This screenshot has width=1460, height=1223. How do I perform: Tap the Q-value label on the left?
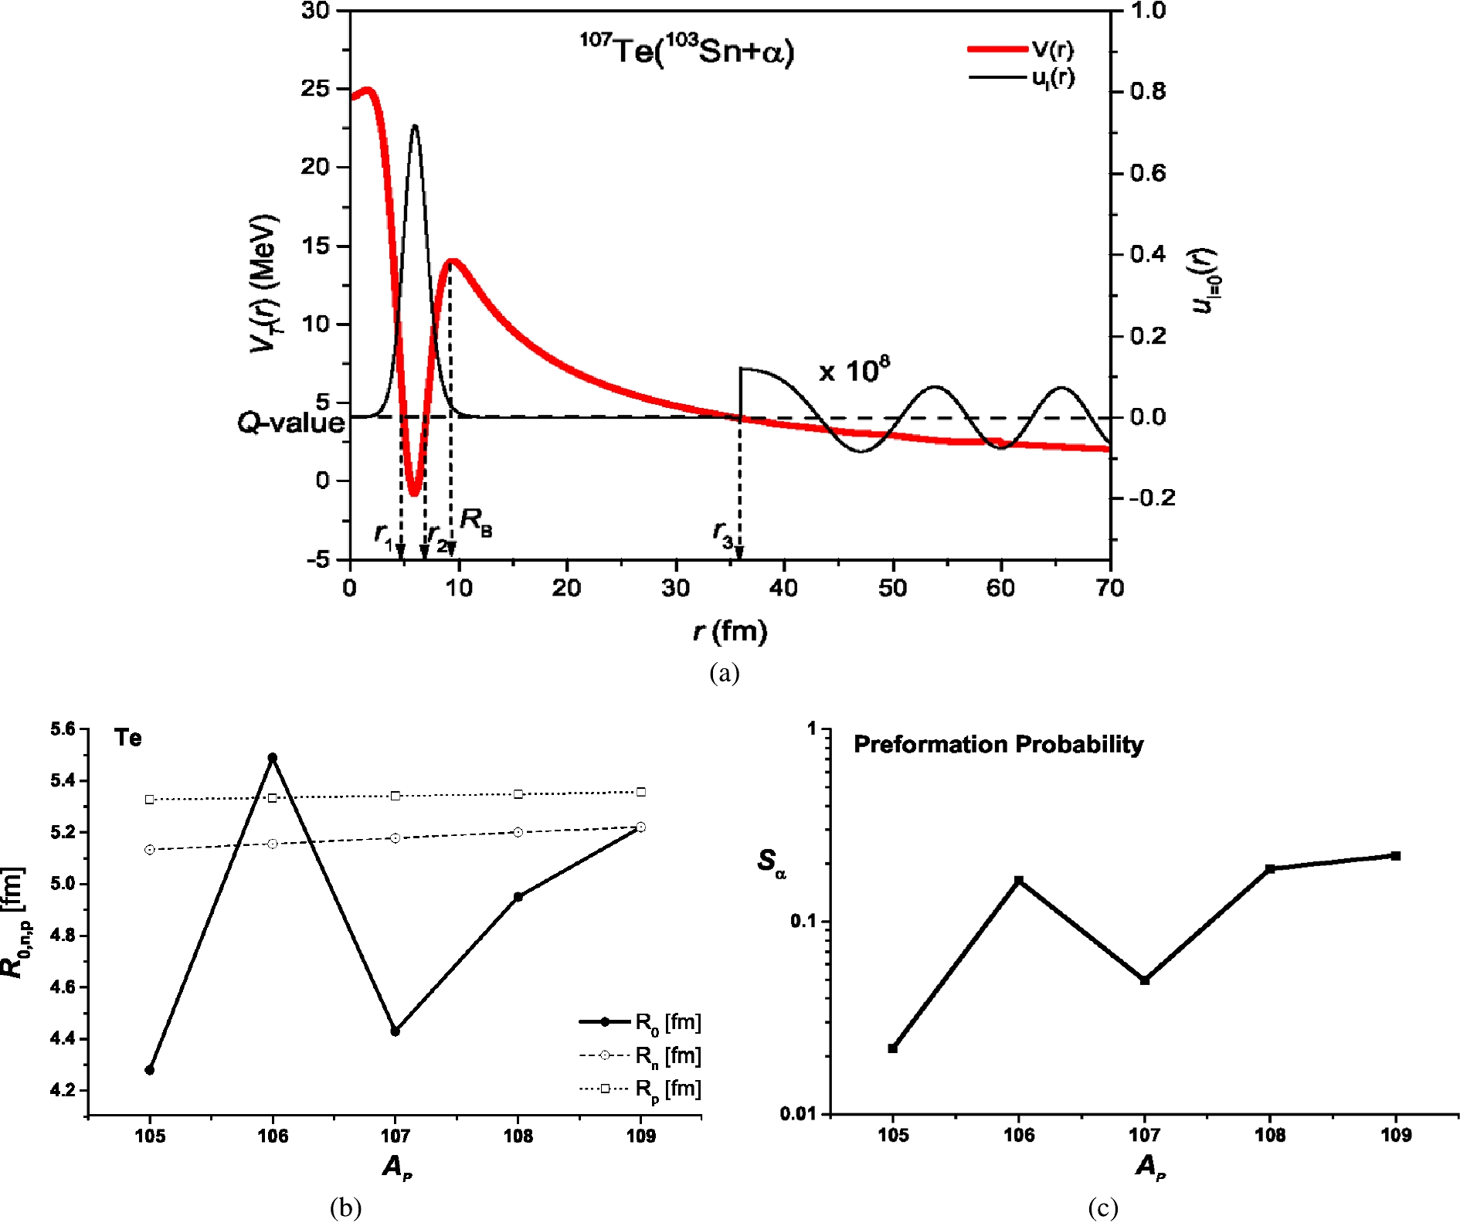click(290, 423)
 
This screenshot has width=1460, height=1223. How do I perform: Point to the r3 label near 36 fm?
click(723, 533)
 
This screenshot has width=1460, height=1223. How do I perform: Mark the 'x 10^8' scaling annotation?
click(854, 371)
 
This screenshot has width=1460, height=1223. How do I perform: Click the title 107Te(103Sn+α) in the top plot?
click(687, 51)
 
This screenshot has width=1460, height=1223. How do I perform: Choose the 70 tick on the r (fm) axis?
click(1109, 589)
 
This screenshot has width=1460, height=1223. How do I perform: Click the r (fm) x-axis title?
click(730, 631)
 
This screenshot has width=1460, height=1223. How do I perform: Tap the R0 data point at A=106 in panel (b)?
click(273, 758)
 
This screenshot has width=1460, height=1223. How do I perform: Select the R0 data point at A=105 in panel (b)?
click(150, 1070)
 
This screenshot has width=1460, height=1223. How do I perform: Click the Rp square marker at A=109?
click(641, 792)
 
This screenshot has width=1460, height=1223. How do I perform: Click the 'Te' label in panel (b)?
click(128, 738)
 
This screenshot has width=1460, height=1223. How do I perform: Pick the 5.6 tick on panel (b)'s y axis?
click(63, 729)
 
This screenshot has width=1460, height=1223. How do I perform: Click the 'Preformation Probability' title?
click(998, 744)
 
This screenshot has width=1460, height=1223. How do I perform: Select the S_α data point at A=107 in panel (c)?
click(1145, 980)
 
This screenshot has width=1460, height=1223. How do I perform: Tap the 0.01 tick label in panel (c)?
click(798, 1113)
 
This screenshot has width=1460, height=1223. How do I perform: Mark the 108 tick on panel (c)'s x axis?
click(1270, 1135)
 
